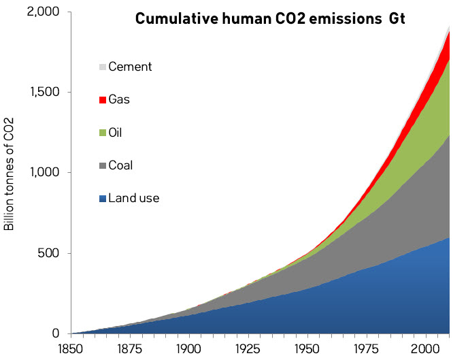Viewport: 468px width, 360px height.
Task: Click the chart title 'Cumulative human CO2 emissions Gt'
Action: [x=270, y=18]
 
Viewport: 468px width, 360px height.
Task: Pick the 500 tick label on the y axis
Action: [x=50, y=253]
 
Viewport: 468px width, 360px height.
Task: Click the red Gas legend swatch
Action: [x=103, y=99]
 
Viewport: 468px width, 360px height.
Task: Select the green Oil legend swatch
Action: [x=103, y=132]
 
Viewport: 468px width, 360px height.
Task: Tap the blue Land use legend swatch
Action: [x=103, y=199]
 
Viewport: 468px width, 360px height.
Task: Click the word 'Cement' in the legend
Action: [x=130, y=67]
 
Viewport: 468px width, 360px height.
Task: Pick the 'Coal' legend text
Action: [x=121, y=165]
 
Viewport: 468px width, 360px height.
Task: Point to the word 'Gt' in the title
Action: [x=396, y=18]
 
